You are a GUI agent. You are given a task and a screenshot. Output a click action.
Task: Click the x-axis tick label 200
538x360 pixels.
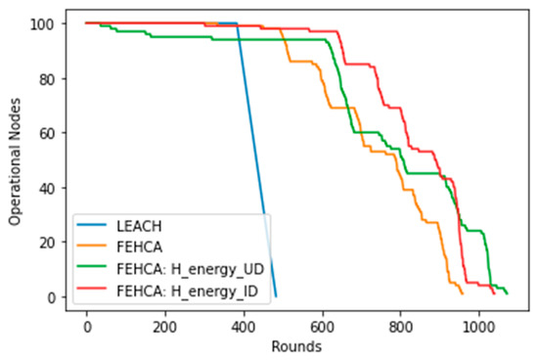click(x=165, y=326)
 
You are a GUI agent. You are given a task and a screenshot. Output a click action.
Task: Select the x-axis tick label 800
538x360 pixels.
click(x=400, y=326)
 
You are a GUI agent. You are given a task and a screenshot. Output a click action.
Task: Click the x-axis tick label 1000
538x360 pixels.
click(x=478, y=326)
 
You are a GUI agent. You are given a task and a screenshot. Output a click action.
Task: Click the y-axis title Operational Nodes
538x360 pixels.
click(x=16, y=160)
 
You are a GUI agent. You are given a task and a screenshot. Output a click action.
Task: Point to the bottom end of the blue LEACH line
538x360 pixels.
click(x=276, y=296)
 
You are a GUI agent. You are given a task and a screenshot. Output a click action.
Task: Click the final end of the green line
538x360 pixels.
click(x=507, y=293)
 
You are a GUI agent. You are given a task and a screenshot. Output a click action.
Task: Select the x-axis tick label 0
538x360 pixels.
click(x=87, y=326)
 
